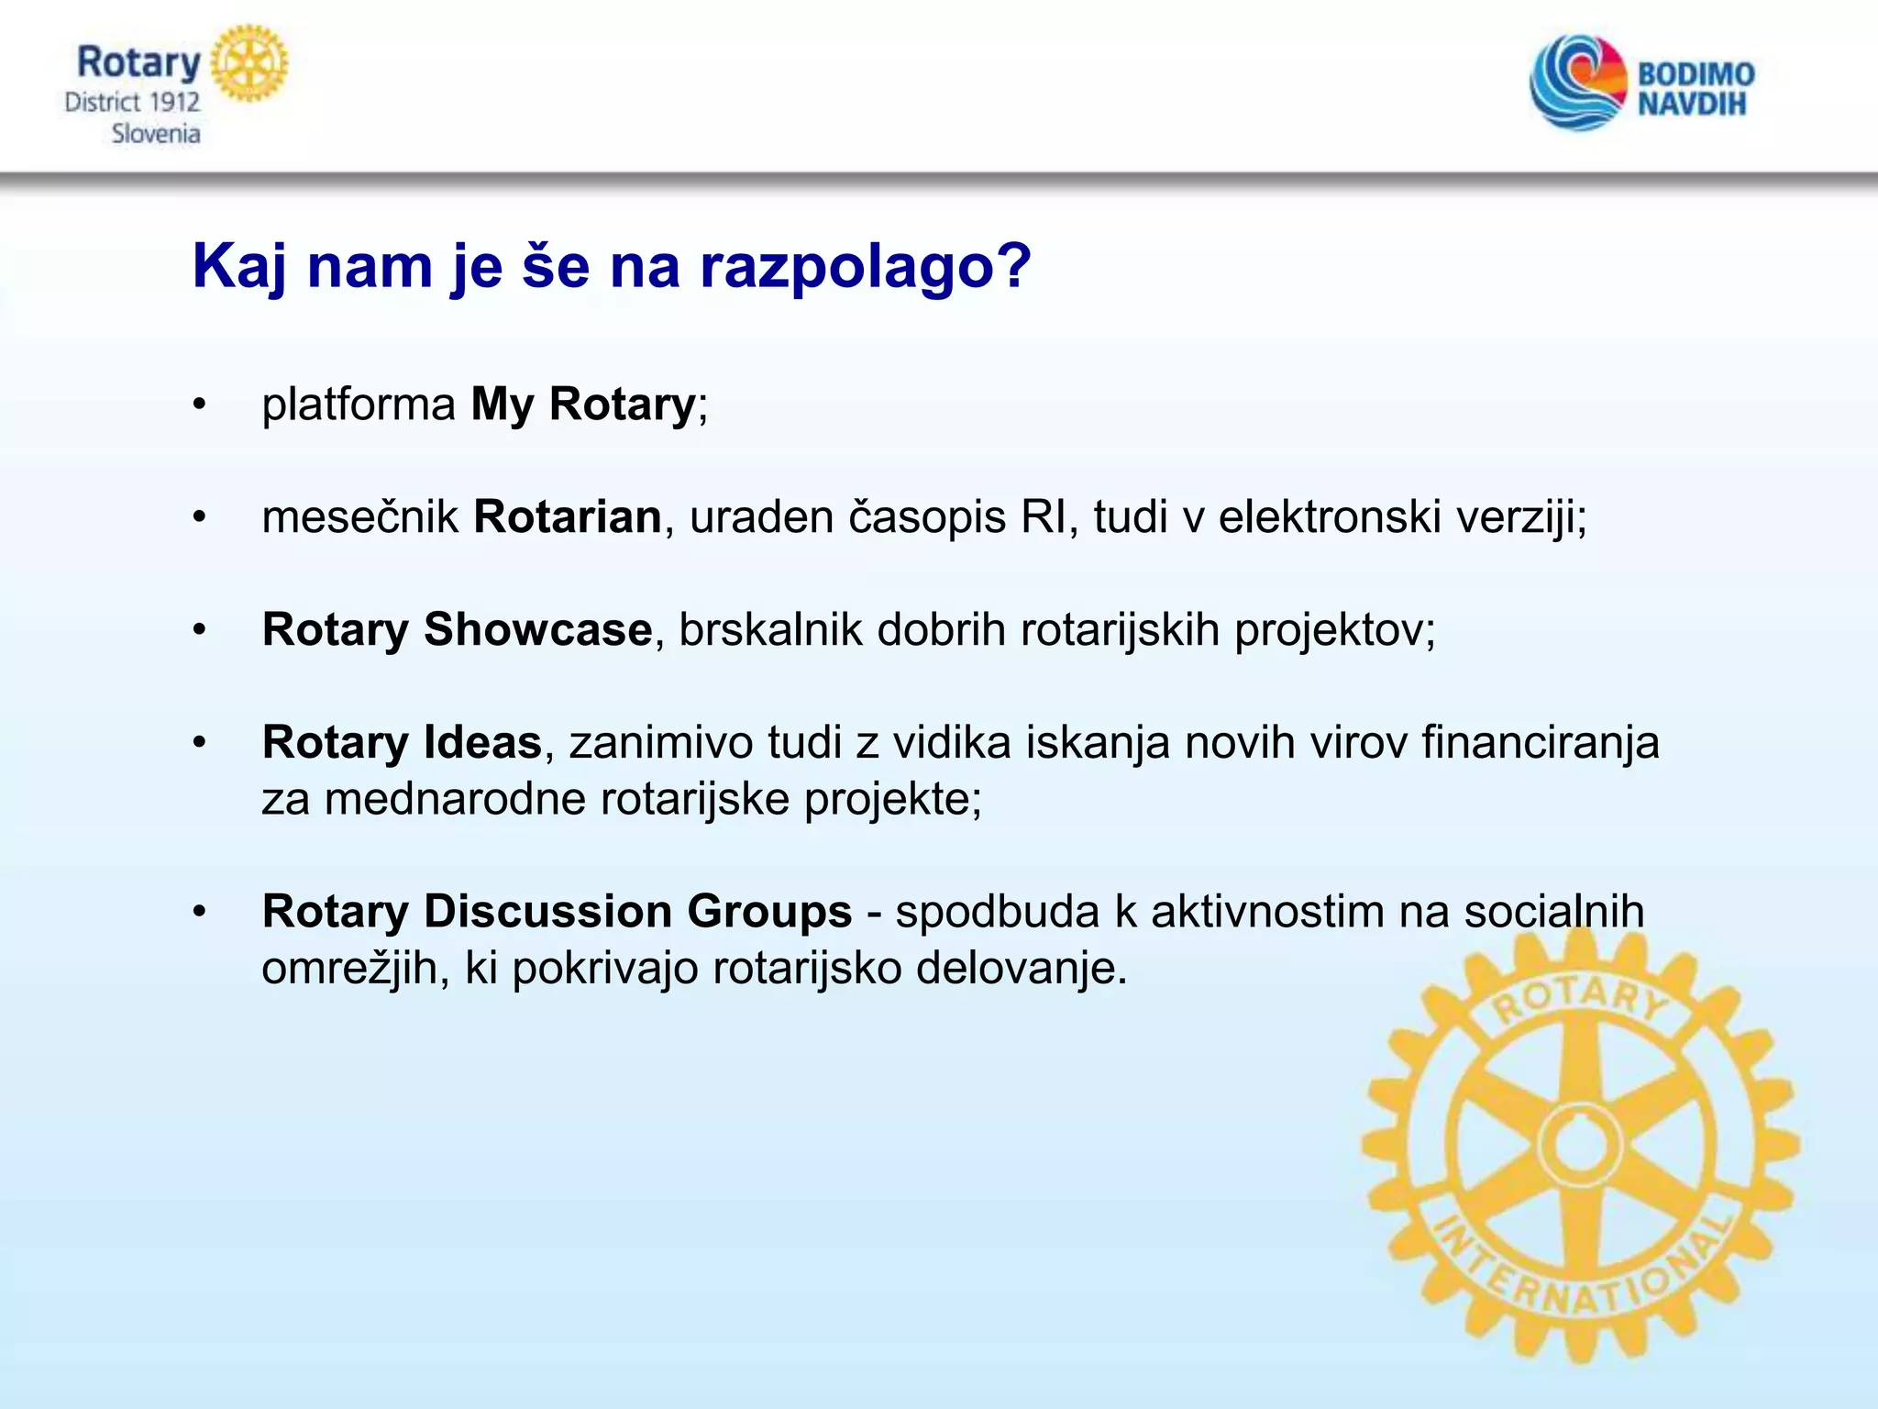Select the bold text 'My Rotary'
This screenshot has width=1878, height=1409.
[x=583, y=405]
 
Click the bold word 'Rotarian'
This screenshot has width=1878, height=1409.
[x=567, y=516]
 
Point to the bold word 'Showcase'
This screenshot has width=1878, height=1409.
[x=537, y=629]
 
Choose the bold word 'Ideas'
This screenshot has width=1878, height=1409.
[x=473, y=742]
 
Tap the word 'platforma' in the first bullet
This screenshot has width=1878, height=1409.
[x=359, y=405]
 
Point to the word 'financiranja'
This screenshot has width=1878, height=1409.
[x=1540, y=742]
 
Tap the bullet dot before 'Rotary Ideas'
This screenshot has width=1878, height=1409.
[x=200, y=742]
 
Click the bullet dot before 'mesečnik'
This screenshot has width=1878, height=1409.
[x=200, y=517]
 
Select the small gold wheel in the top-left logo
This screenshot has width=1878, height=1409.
[x=249, y=63]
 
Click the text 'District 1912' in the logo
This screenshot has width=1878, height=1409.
[x=132, y=102]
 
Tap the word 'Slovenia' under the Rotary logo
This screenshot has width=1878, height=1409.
[x=155, y=134]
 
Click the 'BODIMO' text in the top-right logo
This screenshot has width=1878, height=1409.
[x=1696, y=73]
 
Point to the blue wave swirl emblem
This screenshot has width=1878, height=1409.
[x=1576, y=83]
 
